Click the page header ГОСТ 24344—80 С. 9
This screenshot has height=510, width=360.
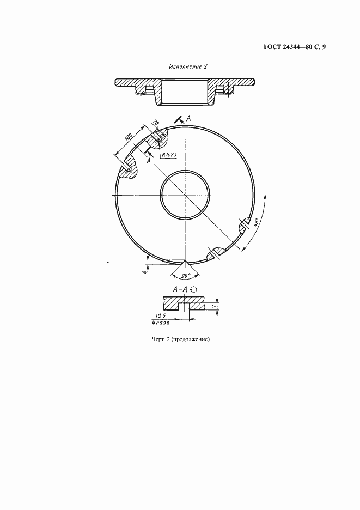[294, 47]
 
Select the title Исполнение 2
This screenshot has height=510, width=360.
[188, 66]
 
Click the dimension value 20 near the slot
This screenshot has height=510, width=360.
[156, 123]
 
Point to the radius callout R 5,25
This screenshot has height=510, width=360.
[169, 155]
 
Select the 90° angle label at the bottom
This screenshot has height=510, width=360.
[186, 276]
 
